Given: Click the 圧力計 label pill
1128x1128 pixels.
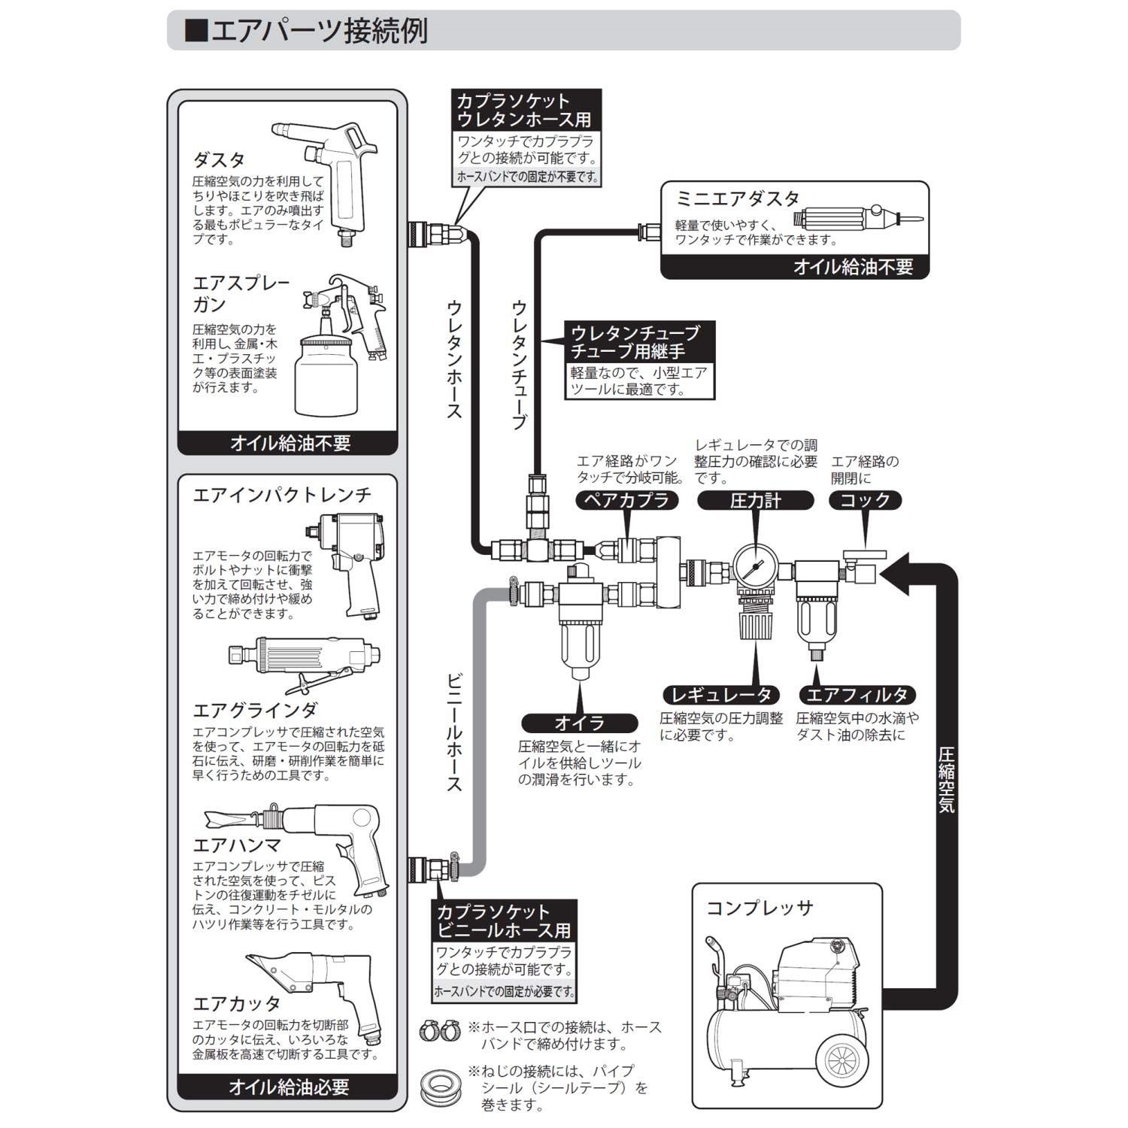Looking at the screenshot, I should pos(755,500).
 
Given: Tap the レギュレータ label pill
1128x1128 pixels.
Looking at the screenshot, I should pos(721,694).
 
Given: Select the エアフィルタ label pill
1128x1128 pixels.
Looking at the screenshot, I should pos(857,694).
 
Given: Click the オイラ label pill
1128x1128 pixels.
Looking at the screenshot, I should pos(579,723).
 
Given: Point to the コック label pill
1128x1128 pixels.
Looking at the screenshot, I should pos(865,500).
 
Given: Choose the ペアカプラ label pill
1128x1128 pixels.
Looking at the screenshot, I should pos(626,500).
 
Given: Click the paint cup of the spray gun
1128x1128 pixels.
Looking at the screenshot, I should pos(324,376).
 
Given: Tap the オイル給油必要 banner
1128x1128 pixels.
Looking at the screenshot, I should pos(288,1087).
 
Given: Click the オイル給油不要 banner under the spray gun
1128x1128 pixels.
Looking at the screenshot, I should pos(288,443).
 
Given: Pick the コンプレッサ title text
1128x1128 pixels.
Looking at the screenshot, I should pos(760,908).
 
